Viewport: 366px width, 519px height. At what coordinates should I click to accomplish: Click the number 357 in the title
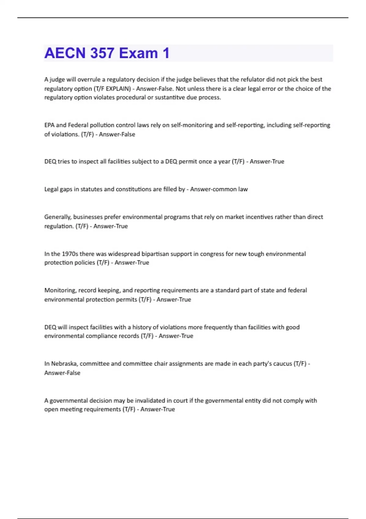(x=102, y=53)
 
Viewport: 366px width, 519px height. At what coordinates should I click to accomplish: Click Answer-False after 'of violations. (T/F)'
(x=117, y=134)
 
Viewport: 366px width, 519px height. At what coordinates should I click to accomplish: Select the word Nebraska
(x=64, y=364)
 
